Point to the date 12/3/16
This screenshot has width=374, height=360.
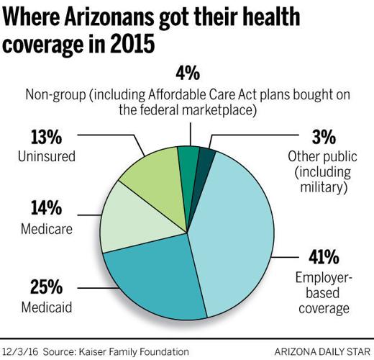[22, 351]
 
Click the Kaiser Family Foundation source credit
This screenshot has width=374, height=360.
[139, 351]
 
